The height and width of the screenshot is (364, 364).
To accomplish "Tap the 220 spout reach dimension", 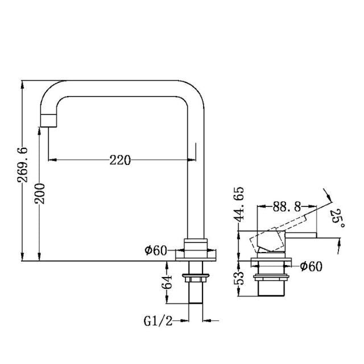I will (120, 160).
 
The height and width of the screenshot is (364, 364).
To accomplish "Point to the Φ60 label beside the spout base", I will (155, 250).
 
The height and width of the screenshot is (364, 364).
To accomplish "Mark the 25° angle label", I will (337, 217).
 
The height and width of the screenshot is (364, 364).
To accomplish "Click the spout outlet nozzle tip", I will (48, 119).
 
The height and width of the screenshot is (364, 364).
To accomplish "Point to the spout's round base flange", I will (196, 254).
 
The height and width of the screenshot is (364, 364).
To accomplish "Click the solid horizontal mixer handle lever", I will (301, 234).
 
